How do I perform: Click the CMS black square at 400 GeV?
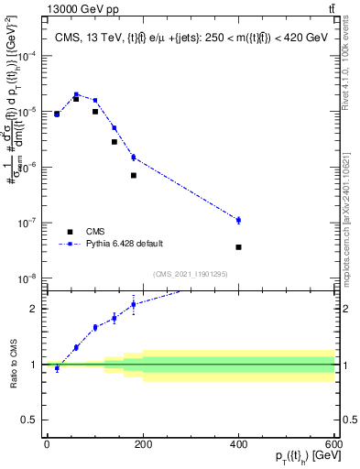click(238, 247)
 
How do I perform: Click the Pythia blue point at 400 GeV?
click(238, 220)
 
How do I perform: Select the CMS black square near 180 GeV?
click(133, 175)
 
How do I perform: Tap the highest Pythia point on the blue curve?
click(76, 94)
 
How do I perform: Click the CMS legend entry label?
click(94, 232)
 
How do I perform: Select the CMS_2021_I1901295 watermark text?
click(190, 274)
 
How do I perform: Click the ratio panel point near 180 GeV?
click(133, 304)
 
